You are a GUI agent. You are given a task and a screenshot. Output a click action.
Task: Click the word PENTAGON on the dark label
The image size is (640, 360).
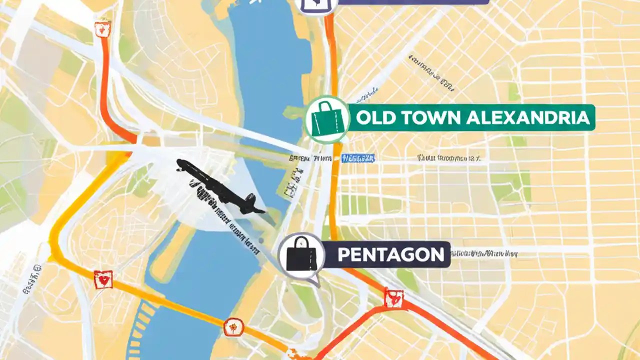coord(390,255)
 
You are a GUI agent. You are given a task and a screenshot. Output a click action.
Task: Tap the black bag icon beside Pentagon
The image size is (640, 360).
coord(301,255)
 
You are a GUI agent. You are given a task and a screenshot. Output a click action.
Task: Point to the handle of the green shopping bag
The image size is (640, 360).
coord(327,107)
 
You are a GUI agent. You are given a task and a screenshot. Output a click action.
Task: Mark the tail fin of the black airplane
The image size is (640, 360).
coord(250,201)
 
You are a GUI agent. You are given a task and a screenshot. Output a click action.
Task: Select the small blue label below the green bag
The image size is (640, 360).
coord(358,158)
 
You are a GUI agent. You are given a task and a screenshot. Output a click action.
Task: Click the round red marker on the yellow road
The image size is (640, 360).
coord(233,327)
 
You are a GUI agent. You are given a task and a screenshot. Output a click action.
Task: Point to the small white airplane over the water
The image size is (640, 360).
coord(255,2)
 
